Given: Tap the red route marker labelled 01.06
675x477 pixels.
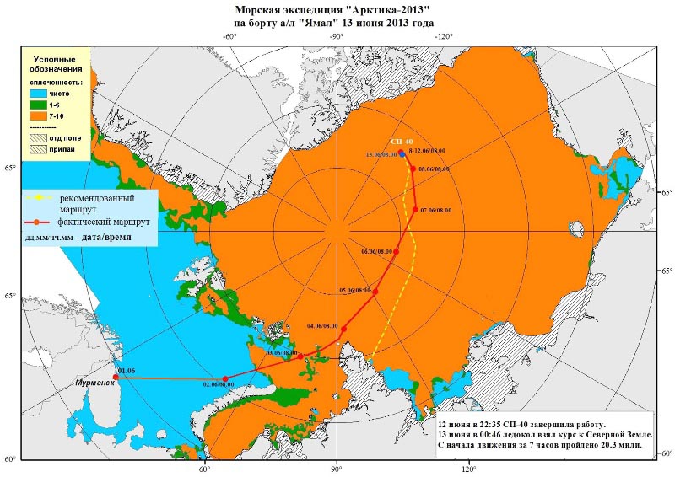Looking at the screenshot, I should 116,378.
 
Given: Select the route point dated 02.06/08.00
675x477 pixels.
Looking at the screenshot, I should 224,379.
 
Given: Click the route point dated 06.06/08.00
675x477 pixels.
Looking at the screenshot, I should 396,251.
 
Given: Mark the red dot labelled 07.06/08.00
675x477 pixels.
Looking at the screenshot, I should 415,209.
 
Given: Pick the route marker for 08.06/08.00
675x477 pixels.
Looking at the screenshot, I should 413,169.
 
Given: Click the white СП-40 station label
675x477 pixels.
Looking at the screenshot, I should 402,142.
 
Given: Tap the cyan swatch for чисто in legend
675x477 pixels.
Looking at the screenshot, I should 41,95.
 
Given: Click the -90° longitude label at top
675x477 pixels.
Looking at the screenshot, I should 336,36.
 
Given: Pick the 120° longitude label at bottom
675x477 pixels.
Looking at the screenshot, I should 468,469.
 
